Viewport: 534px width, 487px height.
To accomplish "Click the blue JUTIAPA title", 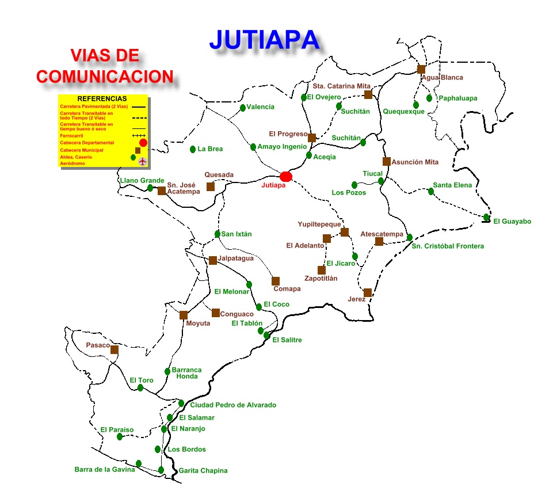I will click(x=264, y=39).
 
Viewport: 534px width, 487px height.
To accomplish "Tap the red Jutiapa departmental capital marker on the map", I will click(x=286, y=176).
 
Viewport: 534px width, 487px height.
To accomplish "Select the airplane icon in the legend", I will click(x=142, y=161).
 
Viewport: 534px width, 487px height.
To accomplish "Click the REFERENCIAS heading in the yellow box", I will click(x=102, y=98).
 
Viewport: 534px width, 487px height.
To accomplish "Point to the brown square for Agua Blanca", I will click(x=421, y=69).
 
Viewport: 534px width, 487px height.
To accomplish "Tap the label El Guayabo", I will click(x=512, y=222).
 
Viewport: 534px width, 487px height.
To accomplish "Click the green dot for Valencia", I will click(x=243, y=108).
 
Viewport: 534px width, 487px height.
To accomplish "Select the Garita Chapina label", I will click(x=203, y=471).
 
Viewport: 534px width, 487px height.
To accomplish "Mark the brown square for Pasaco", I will click(x=115, y=349).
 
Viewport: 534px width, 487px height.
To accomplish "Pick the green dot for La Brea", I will click(x=193, y=149).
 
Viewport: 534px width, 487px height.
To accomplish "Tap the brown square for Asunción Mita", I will click(x=387, y=162).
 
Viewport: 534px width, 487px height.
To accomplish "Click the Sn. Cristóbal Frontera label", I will click(x=448, y=246).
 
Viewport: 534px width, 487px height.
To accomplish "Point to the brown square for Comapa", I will click(x=276, y=281).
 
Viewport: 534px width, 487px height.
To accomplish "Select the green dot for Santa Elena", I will click(x=431, y=191).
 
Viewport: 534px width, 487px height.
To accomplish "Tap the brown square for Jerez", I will click(x=368, y=292).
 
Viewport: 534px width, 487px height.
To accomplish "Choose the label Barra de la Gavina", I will click(x=105, y=470).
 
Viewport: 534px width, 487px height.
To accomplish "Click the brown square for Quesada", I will click(x=211, y=187).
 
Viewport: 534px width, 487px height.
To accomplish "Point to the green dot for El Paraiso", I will click(x=120, y=437).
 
